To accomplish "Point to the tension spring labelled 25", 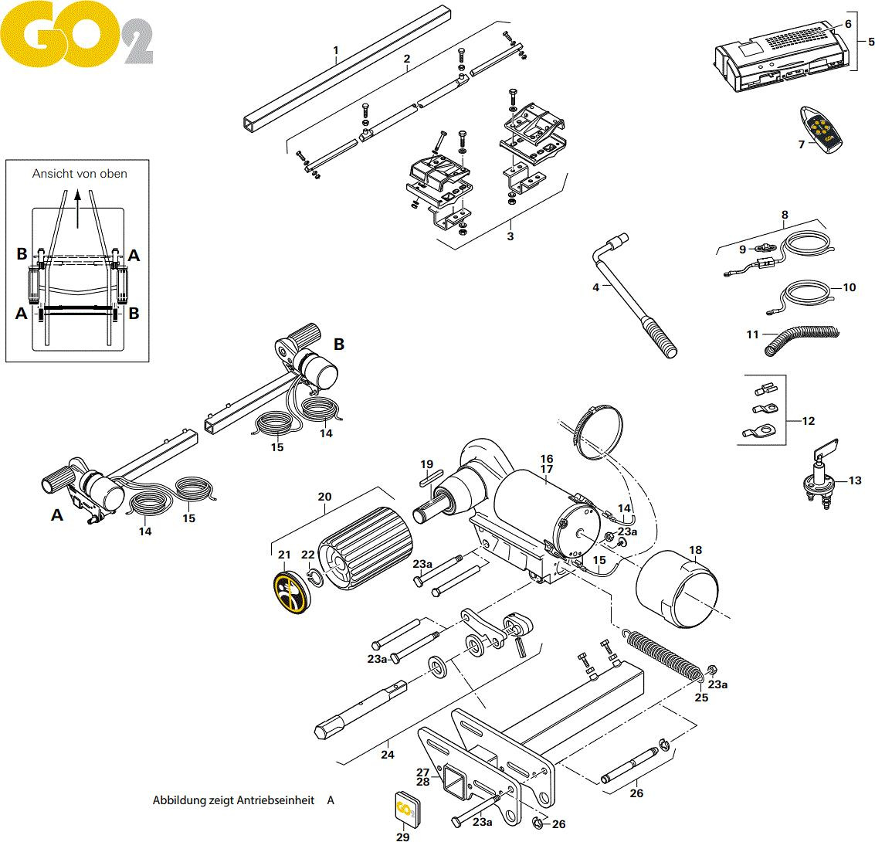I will click(x=663, y=653).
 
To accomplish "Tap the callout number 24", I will click(x=388, y=755).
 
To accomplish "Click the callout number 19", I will click(x=427, y=464).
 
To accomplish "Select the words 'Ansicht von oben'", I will click(x=80, y=174).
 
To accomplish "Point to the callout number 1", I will click(x=336, y=52).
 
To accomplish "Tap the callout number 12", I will click(x=809, y=421).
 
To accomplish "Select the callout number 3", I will click(x=510, y=236).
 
